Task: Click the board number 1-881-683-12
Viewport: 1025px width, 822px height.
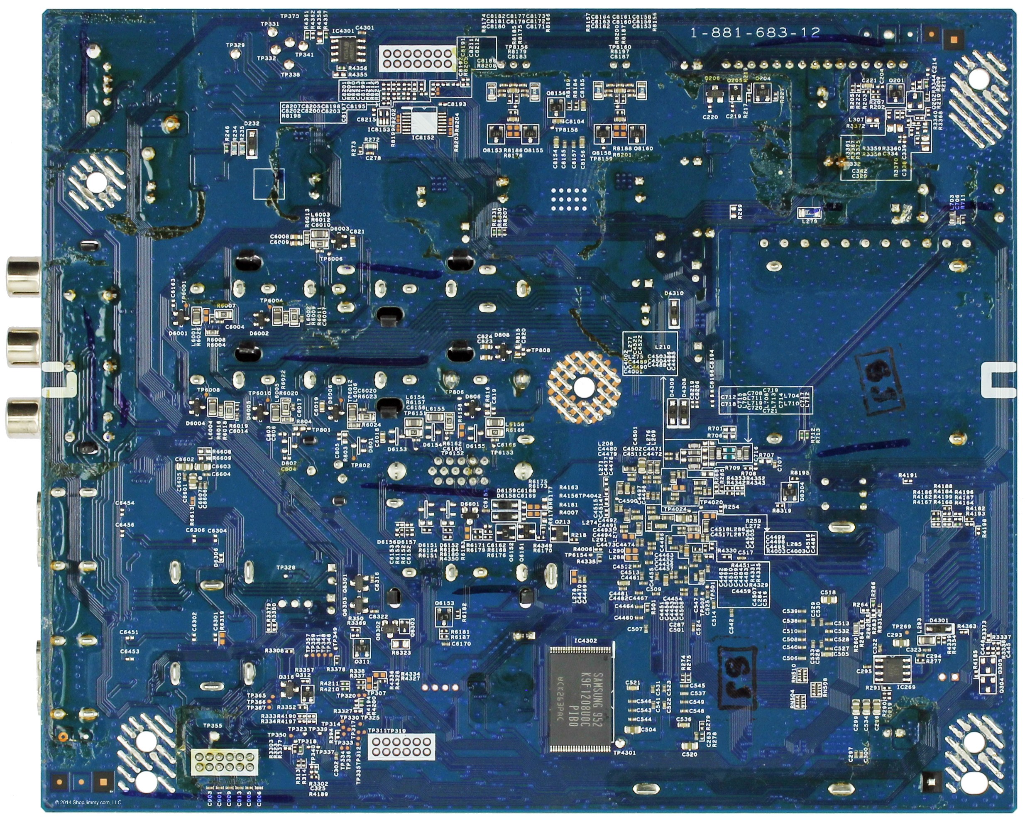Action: pyautogui.click(x=755, y=32)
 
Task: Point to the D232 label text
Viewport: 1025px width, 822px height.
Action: pyautogui.click(x=252, y=124)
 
